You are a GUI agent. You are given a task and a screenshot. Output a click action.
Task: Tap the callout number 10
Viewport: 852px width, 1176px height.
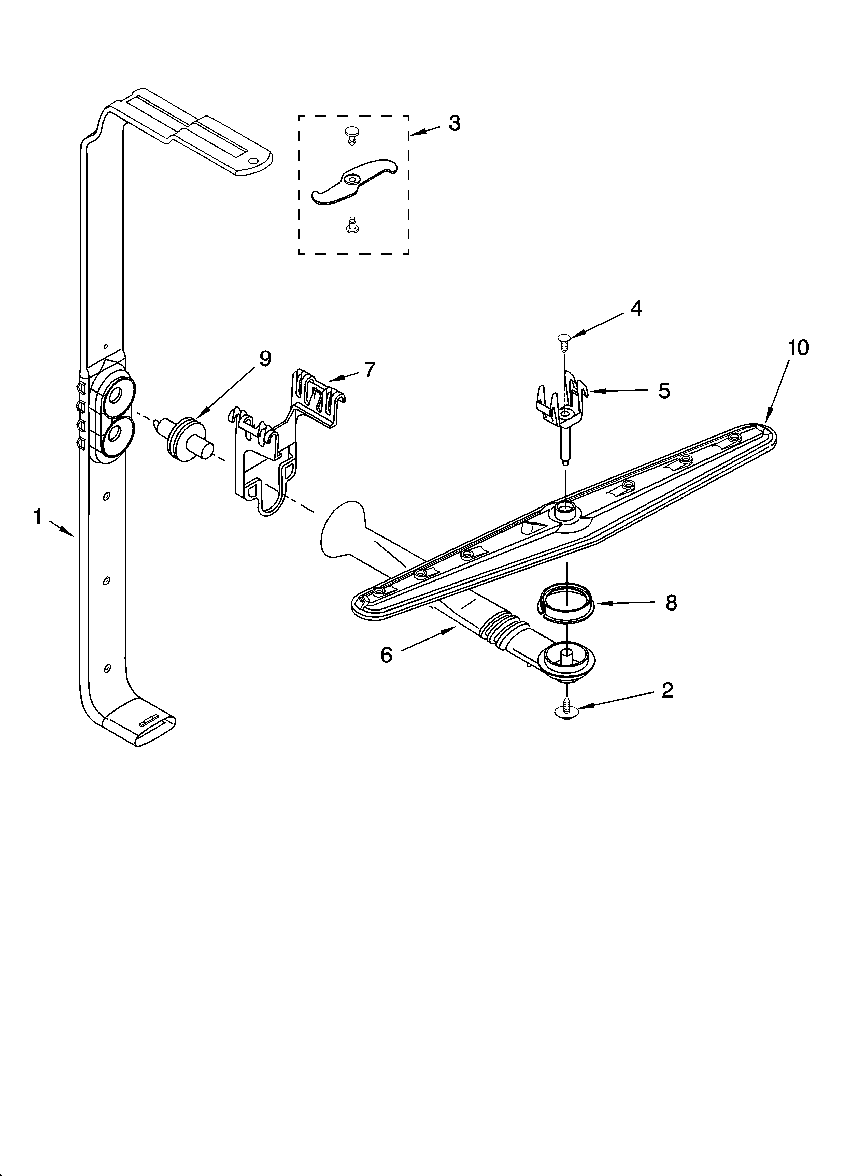798,348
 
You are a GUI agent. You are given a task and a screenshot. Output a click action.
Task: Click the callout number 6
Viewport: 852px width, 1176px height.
386,655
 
